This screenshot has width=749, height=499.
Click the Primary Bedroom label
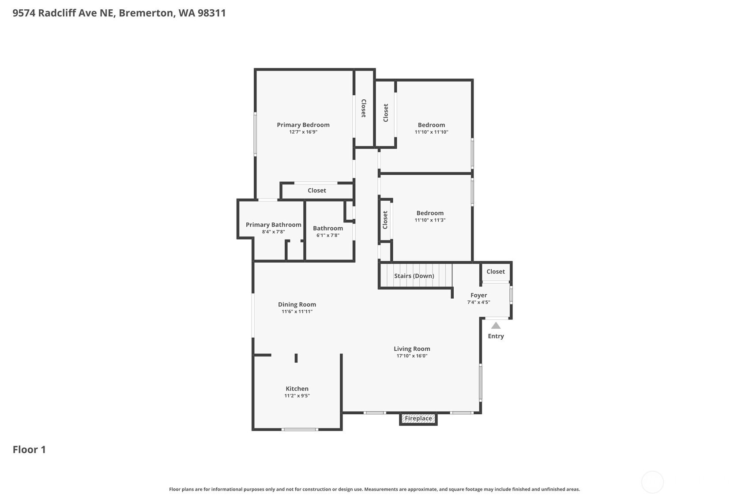[x=303, y=125]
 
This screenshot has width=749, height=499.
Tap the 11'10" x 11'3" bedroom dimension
[x=430, y=220]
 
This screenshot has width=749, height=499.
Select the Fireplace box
[x=418, y=418]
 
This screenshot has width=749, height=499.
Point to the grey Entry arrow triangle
[x=496, y=326]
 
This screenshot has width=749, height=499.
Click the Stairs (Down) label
[x=414, y=276]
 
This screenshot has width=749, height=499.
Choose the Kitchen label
[x=297, y=389]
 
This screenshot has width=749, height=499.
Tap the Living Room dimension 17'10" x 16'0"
[x=412, y=356]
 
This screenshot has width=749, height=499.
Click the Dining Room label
[x=297, y=304]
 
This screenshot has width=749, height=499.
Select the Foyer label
[x=479, y=295]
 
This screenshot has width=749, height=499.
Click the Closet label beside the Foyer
[x=496, y=271]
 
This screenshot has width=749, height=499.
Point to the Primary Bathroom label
[x=274, y=225]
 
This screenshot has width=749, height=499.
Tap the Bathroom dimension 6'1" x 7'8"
[x=328, y=235]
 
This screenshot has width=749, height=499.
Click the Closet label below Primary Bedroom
[x=316, y=190]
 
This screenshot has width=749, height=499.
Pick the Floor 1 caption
[x=29, y=450]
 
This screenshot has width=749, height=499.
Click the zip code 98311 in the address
[x=212, y=13]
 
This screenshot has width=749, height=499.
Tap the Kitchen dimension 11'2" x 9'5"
[x=297, y=396]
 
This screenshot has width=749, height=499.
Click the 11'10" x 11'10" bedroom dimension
[x=431, y=131]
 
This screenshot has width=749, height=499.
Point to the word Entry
[x=496, y=336]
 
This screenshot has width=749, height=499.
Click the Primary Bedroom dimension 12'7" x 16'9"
[x=303, y=131]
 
